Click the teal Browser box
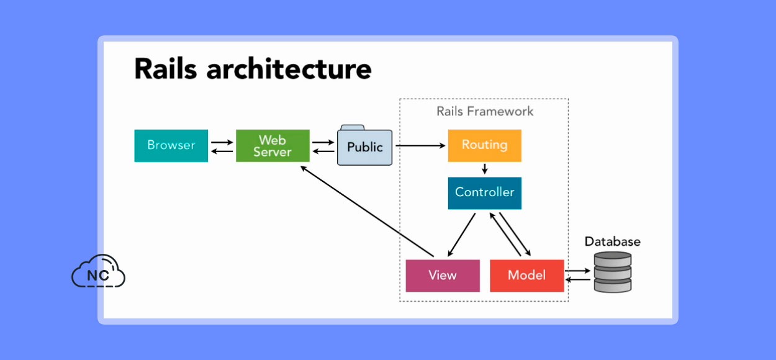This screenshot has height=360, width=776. [x=171, y=145]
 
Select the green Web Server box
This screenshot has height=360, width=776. [x=273, y=145]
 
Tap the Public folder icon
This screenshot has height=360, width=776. [x=365, y=145]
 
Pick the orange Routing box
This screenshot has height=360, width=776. [x=485, y=145]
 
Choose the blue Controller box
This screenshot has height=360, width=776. [x=485, y=193]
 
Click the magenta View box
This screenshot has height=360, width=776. [x=443, y=276]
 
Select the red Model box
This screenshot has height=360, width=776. [x=527, y=276]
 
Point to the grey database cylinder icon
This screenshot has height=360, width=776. [x=613, y=272]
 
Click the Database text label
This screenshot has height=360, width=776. [x=613, y=241]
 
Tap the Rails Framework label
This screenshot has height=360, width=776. [x=485, y=111]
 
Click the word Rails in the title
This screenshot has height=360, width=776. [x=166, y=69]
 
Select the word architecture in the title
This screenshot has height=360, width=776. [x=289, y=69]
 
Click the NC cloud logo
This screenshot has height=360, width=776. [x=98, y=271]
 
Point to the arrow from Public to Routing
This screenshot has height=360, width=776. [x=420, y=145]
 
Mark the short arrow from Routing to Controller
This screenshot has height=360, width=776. [x=485, y=169]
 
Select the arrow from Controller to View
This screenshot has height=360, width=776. [x=461, y=235]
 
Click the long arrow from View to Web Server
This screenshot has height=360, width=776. [x=367, y=212]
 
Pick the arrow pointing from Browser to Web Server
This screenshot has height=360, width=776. [x=222, y=142]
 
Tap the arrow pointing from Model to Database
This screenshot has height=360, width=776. [x=577, y=271]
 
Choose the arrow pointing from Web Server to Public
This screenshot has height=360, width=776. [x=323, y=142]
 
